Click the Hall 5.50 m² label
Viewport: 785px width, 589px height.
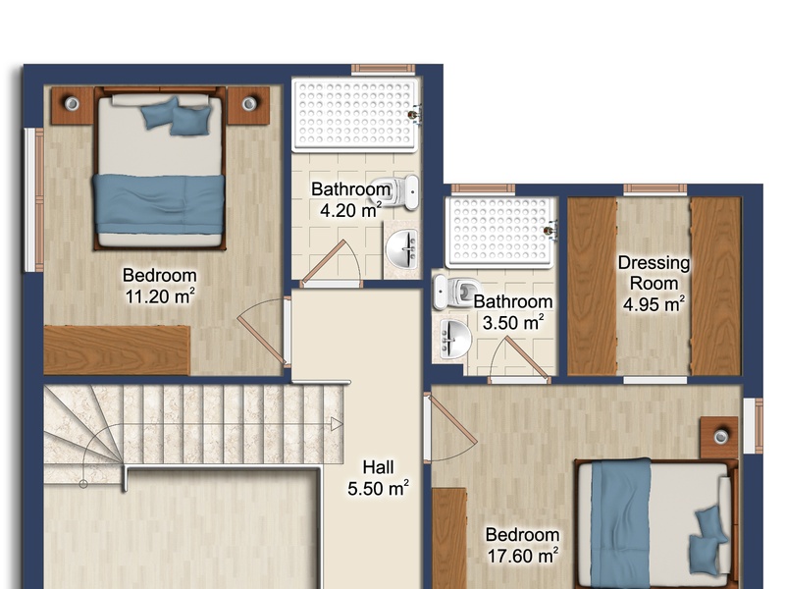[x=378, y=478]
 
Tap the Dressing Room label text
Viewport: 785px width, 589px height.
[x=654, y=273]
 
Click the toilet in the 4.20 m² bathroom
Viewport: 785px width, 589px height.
[x=398, y=191]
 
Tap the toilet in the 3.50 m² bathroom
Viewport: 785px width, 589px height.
[x=456, y=291]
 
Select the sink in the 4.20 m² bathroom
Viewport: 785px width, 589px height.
[x=402, y=248]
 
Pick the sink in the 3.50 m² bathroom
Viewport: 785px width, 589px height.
[x=454, y=339]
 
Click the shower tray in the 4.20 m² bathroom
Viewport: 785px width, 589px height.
[x=354, y=114]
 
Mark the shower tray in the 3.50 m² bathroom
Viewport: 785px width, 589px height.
[x=500, y=232]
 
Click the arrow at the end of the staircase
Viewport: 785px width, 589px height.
[x=337, y=425]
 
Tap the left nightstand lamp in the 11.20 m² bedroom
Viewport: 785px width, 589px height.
[x=72, y=104]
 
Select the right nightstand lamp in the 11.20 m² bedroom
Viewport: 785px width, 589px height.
[x=249, y=104]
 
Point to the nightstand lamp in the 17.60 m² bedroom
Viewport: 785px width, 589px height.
[x=721, y=437]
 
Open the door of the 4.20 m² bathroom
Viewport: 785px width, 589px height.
[x=332, y=264]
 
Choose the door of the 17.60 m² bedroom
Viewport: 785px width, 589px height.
[x=449, y=427]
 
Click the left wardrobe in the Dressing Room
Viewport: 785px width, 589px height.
[x=592, y=286]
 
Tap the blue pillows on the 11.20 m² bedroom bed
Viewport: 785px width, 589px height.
[x=177, y=117]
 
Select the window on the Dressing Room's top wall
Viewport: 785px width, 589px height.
[x=654, y=188]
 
